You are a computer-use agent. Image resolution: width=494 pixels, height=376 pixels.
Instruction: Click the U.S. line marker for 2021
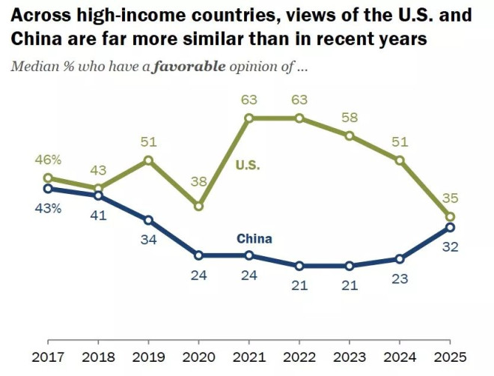coord(249,118)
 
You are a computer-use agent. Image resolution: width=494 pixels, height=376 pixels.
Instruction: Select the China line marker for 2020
coord(199,255)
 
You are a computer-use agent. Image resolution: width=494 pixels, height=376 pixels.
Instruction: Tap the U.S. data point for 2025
coord(450,216)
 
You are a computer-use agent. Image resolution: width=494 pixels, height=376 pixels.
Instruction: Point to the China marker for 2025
coord(450,227)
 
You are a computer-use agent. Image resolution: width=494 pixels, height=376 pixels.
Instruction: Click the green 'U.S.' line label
coord(248,166)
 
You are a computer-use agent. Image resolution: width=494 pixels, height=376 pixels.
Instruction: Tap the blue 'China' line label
coord(254,239)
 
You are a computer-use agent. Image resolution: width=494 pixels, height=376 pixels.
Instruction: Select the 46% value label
coord(48,160)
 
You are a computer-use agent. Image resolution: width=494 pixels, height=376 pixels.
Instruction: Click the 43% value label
coord(48,208)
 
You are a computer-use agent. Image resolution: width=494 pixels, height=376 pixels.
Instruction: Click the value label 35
coord(450,198)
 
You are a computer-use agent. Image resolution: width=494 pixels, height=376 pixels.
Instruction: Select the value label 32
coord(450,245)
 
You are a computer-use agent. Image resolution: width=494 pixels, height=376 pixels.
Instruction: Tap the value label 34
coord(148,239)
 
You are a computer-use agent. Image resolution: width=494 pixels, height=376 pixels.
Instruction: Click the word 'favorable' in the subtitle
coord(190,66)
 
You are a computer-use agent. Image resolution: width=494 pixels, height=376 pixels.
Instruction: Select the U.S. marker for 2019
coord(148,160)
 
